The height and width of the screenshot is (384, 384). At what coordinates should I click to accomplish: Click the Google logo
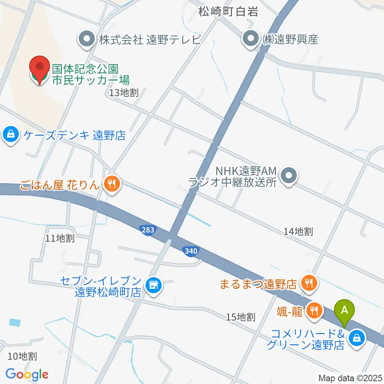[27, 374]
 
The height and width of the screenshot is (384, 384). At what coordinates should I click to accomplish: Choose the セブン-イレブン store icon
[152, 285]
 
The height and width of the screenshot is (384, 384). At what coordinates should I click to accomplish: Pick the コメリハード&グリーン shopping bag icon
[356, 338]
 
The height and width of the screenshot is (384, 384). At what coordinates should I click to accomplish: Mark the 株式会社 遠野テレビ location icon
[86, 39]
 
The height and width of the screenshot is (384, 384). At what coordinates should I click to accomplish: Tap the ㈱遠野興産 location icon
[251, 39]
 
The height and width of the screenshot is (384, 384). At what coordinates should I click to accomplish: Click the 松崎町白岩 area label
[228, 12]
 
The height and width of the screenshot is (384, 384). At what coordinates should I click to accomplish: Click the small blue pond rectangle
[14, 322]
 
